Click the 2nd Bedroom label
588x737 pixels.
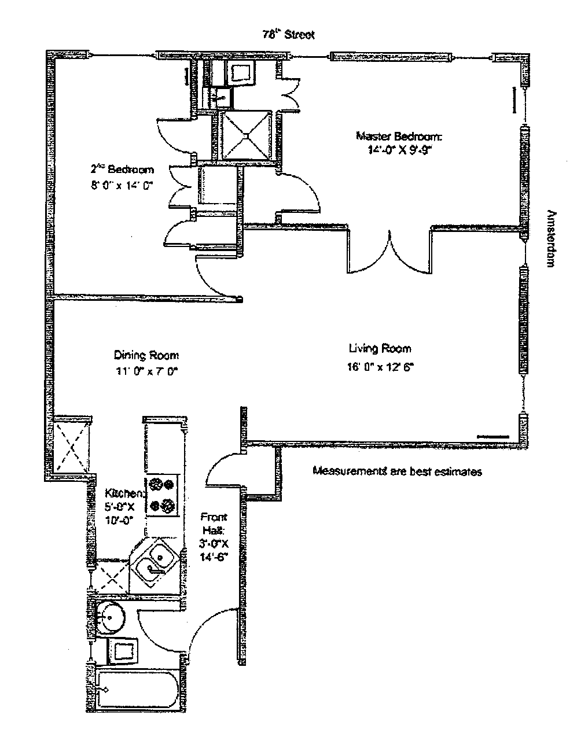tap(122, 169)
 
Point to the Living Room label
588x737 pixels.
tap(380, 348)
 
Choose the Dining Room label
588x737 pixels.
tap(146, 355)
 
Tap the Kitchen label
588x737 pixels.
tap(124, 493)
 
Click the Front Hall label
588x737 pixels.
tap(214, 522)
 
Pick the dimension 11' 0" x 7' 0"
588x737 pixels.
tap(145, 372)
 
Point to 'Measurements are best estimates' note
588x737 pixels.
tap(397, 471)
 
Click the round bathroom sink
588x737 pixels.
tap(110, 617)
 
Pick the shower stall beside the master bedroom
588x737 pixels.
tap(247, 135)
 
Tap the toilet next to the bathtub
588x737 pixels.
tap(123, 651)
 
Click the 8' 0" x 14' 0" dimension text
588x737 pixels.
tap(123, 185)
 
